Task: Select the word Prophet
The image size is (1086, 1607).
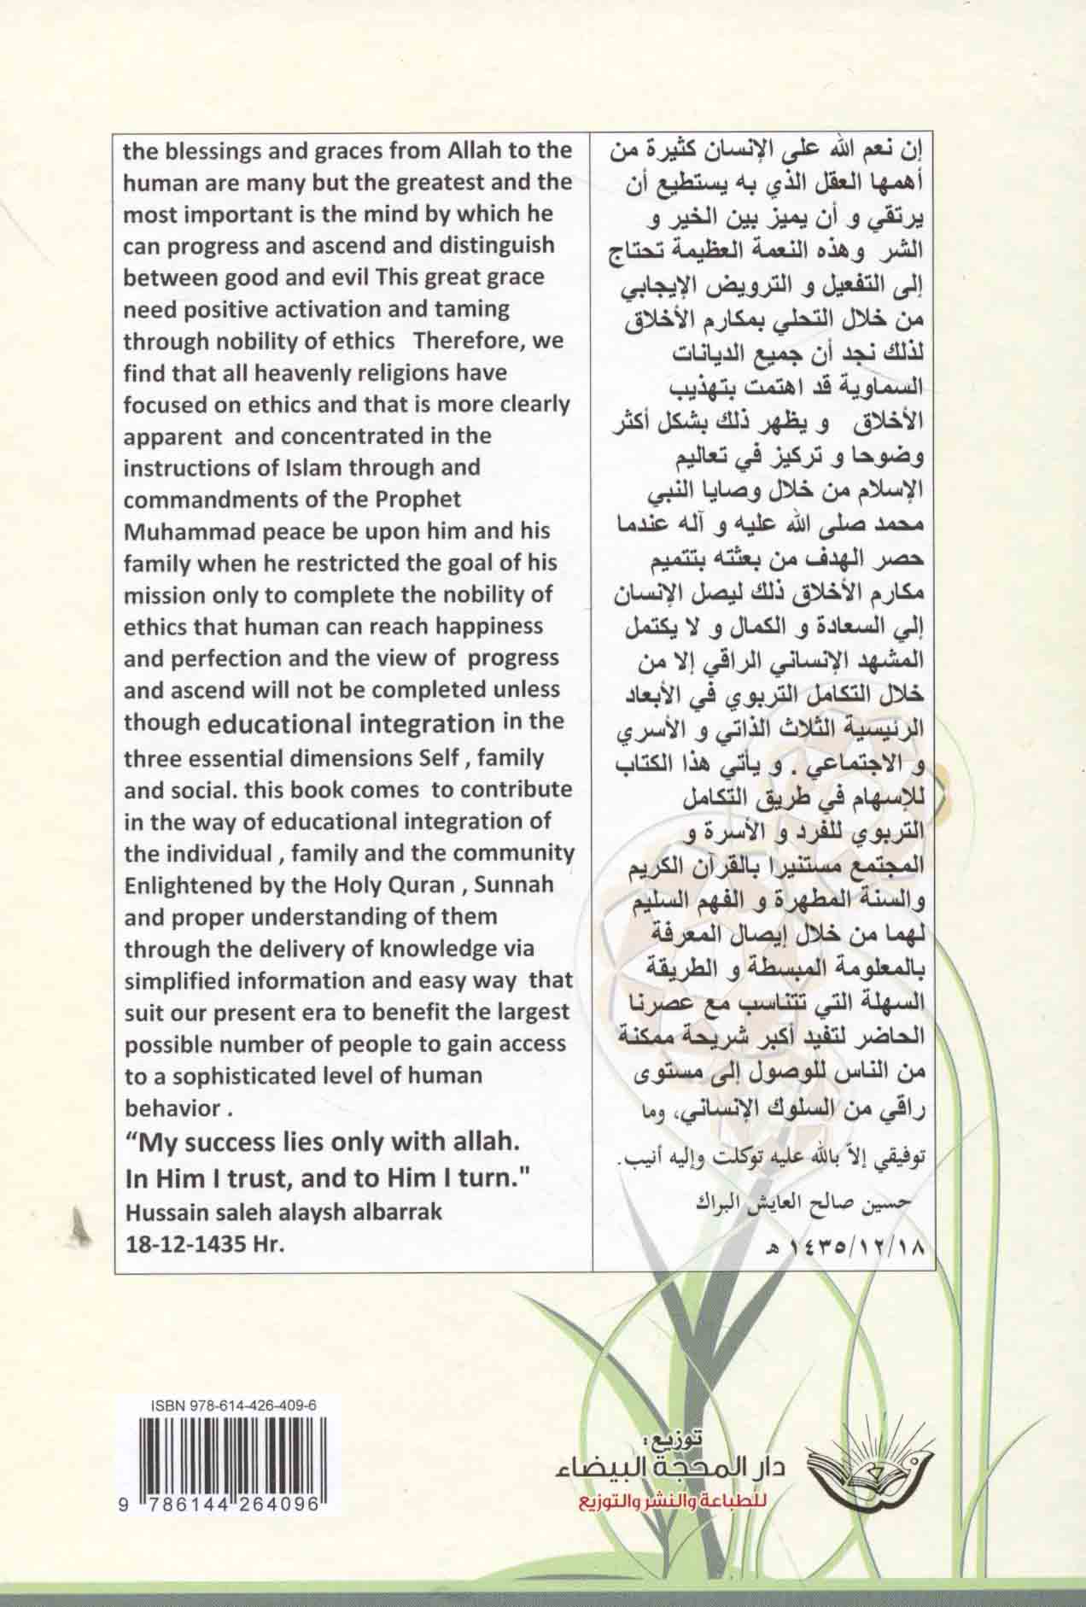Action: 420,499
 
